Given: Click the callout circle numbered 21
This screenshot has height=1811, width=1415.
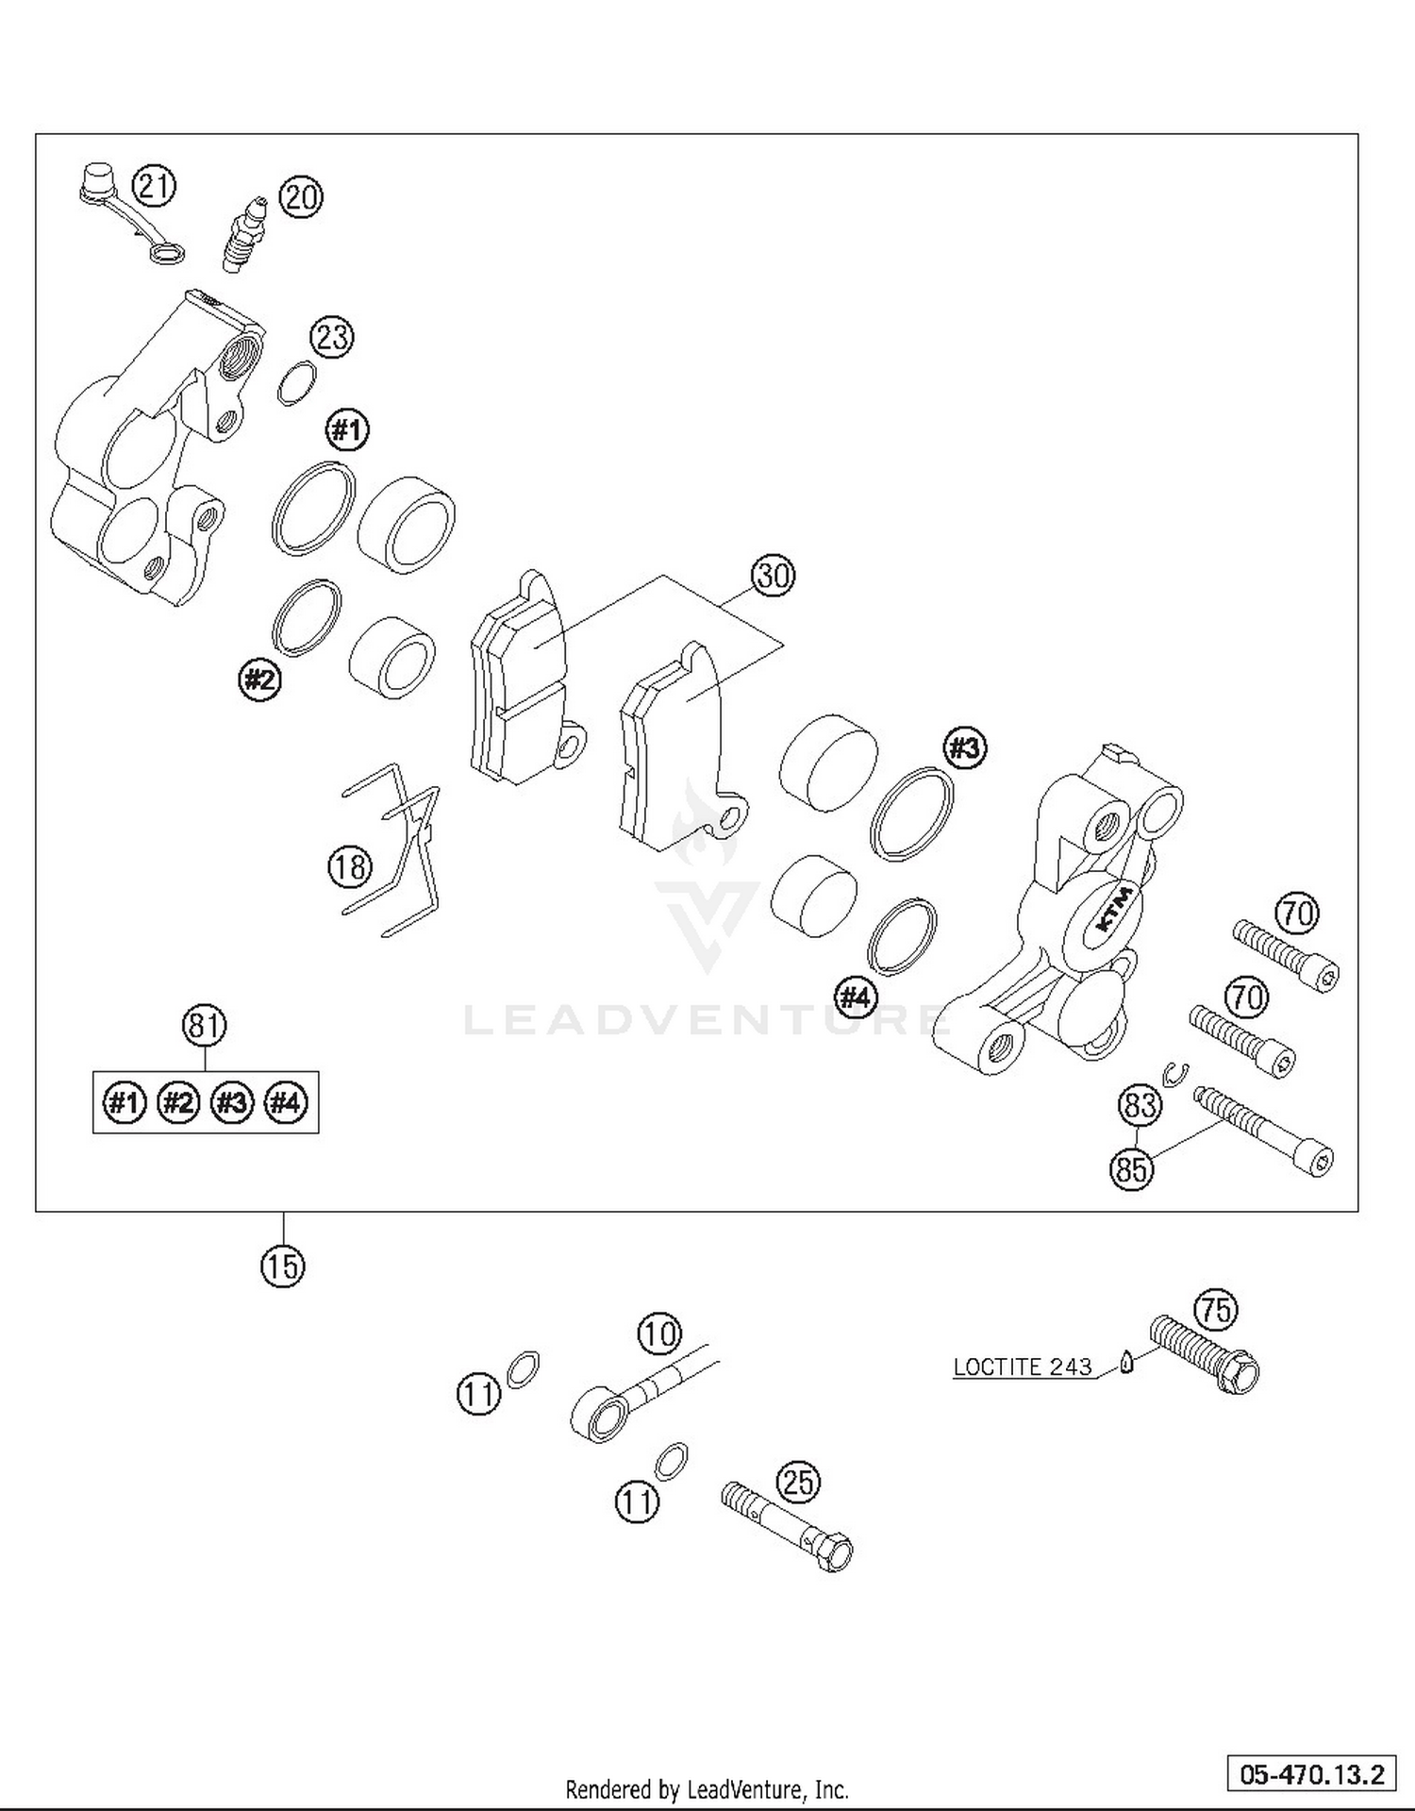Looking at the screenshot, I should click(154, 185).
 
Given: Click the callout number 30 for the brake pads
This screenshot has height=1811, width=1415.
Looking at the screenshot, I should click(773, 575).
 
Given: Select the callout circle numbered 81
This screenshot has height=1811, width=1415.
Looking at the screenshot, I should click(204, 1025).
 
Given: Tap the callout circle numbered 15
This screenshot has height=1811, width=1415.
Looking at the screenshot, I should click(283, 1266).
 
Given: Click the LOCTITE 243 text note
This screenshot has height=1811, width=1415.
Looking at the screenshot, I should click(1022, 1367).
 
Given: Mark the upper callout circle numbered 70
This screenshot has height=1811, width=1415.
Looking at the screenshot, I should click(1297, 913).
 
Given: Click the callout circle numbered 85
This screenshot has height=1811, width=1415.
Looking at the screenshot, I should click(1131, 1170).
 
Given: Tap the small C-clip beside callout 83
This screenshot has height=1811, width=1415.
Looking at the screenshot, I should click(1175, 1073).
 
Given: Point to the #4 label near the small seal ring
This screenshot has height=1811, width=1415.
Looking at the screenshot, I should click(856, 997).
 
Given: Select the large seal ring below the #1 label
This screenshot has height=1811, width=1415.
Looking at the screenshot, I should click(314, 508).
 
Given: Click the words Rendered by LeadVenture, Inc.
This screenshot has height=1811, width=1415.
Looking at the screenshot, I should click(707, 1788).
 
